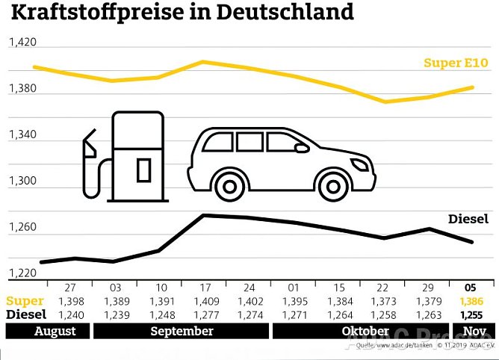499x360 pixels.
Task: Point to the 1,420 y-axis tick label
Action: coord(22,43)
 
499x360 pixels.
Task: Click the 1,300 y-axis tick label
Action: coord(22,181)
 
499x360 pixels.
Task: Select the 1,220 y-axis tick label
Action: coord(22,273)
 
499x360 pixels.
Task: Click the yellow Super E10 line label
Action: coord(456,63)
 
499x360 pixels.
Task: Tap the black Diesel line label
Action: coord(468,219)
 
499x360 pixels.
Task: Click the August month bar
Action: coord(46,331)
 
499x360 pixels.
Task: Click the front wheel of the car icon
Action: coord(331,182)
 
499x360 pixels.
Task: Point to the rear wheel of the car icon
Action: coord(229,182)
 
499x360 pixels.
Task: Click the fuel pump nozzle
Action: coord(90,146)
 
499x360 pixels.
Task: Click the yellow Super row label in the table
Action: coord(25,300)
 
